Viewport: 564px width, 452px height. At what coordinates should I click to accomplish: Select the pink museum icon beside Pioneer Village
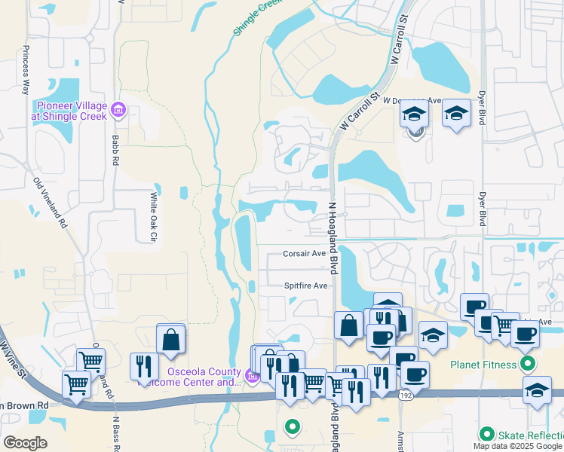click(118, 111)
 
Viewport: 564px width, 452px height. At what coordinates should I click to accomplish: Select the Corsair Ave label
click(304, 254)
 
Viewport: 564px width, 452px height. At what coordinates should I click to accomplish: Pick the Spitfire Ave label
click(305, 286)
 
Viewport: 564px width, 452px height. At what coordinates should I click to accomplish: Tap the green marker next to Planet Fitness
click(528, 365)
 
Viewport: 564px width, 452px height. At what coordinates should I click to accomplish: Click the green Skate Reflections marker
click(487, 435)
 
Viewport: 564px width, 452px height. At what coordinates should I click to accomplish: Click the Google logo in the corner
click(25, 442)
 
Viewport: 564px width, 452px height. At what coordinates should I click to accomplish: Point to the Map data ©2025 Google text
click(517, 446)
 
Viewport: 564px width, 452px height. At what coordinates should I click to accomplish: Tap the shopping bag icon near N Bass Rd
click(171, 341)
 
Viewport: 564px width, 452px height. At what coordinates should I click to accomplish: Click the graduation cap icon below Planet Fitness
click(536, 392)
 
